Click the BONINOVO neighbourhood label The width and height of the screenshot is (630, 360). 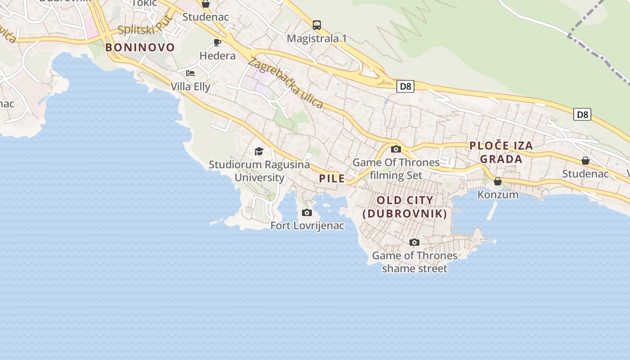click(140, 47)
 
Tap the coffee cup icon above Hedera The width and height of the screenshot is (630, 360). click(217, 43)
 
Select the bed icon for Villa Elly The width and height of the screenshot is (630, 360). click(190, 73)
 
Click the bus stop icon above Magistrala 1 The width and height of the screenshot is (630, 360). click(317, 25)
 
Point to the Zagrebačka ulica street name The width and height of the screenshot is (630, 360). click(285, 83)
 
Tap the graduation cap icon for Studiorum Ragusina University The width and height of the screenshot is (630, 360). click(259, 151)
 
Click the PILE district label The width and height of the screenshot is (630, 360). click(332, 178)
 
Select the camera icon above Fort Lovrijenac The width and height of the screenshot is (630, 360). click(307, 212)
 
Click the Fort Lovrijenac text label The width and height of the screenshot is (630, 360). click(307, 225)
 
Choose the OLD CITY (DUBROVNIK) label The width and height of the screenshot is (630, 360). click(405, 207)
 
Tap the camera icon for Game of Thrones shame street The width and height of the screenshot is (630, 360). click(414, 243)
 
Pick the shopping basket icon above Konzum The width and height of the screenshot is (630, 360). click(498, 181)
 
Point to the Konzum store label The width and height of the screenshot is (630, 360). click(498, 195)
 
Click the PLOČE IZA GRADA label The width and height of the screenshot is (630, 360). click(501, 152)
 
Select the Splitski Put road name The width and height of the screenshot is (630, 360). click(145, 26)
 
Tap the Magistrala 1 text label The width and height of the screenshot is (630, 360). click(317, 39)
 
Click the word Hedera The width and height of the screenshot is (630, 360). click(217, 56)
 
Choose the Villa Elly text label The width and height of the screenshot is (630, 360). click(190, 86)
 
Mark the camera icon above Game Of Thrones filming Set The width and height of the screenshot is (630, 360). click(396, 149)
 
